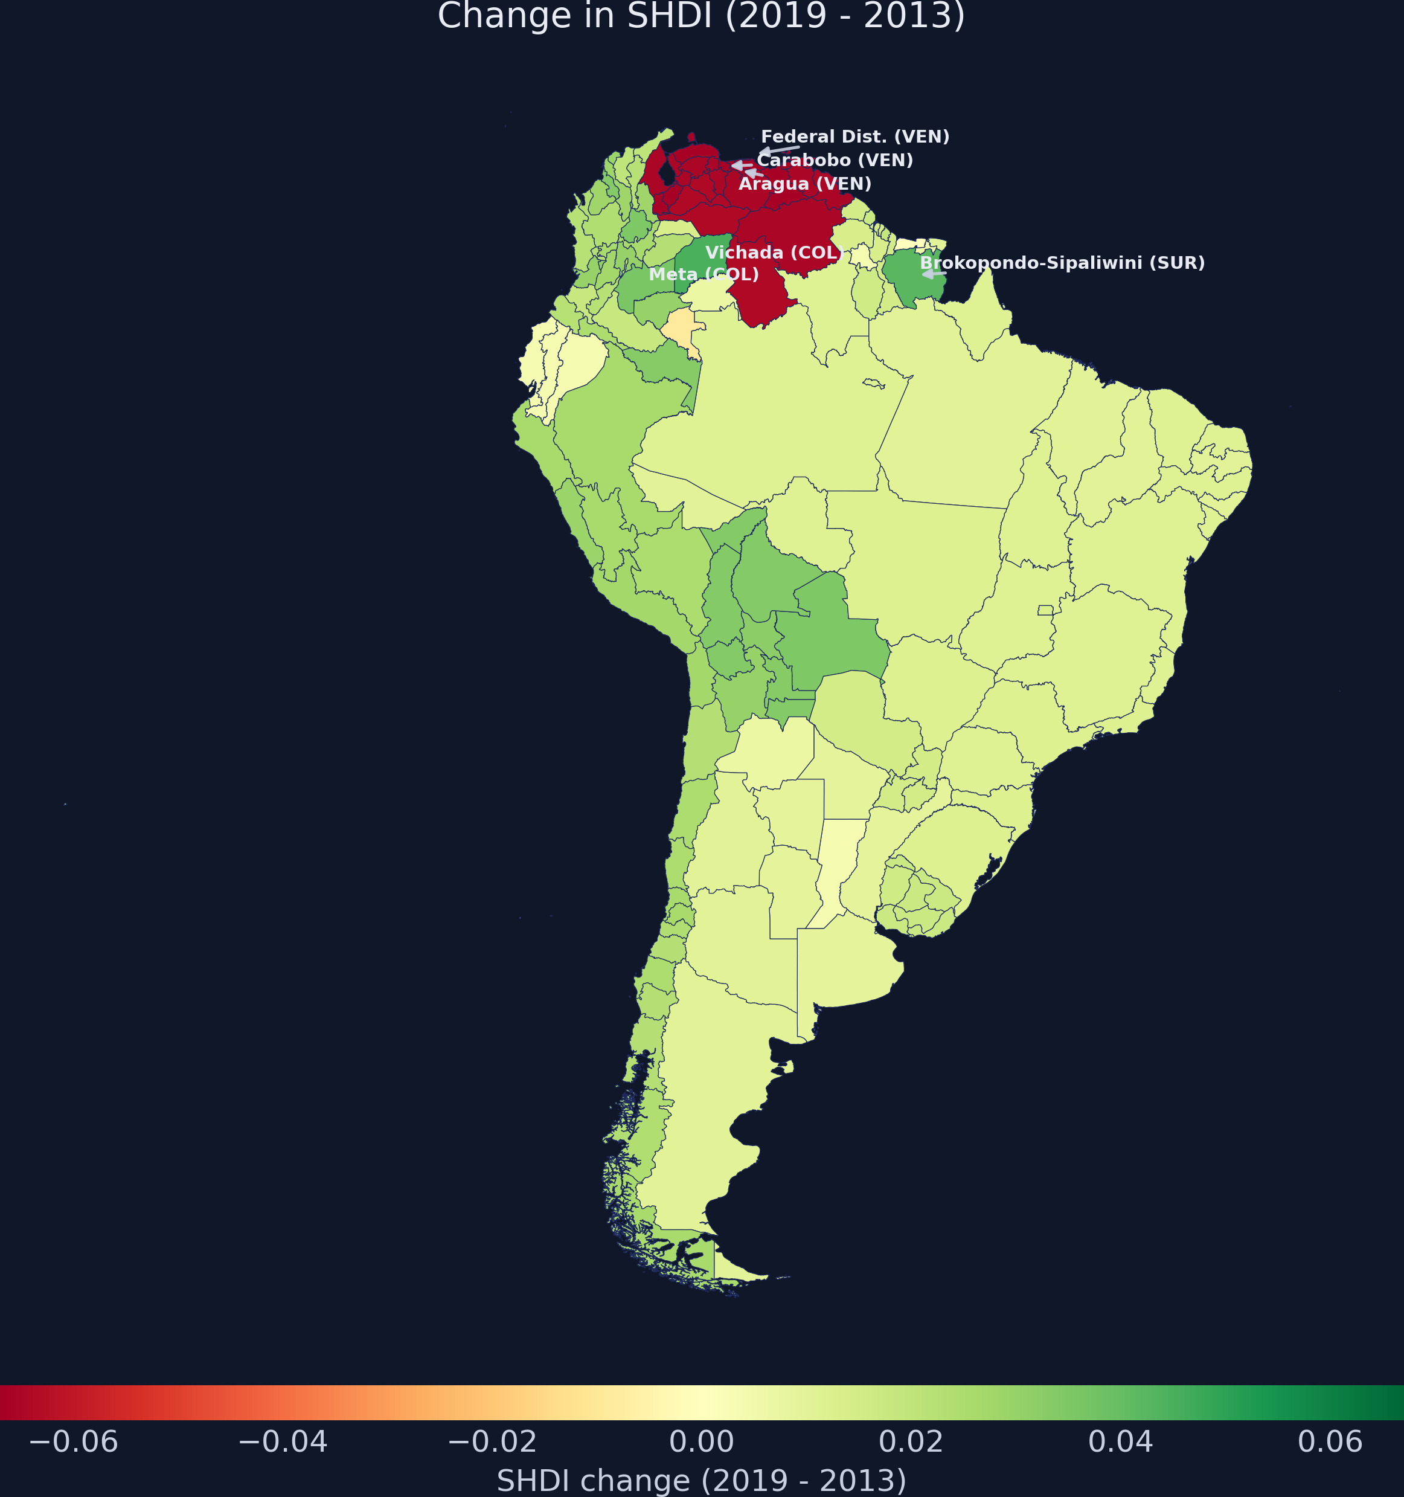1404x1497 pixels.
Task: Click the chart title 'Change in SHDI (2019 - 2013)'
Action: [x=701, y=16]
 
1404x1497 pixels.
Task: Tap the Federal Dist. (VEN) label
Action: [x=854, y=137]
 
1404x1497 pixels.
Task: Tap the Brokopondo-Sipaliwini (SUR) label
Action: [x=1062, y=263]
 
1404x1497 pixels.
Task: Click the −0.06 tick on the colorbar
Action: [x=73, y=1442]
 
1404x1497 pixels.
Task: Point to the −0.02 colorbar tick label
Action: [x=492, y=1442]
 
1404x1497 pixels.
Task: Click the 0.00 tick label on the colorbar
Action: [x=701, y=1442]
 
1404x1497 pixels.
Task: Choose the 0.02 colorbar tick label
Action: [x=910, y=1442]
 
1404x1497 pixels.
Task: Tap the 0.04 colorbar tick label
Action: [x=1120, y=1442]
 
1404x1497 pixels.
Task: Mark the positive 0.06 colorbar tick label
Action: [x=1330, y=1442]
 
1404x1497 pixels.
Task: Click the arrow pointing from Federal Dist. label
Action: [x=778, y=150]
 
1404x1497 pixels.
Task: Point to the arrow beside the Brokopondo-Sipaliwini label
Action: [x=934, y=274]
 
